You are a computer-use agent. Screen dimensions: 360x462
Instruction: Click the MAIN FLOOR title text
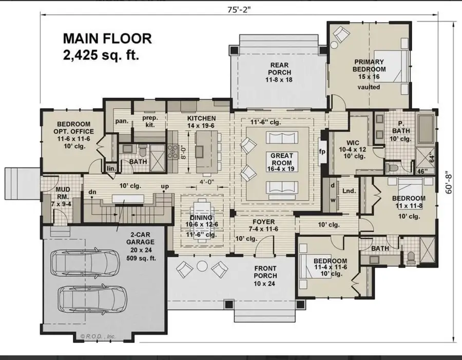[107, 39]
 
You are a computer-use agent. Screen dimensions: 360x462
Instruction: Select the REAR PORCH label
[280, 72]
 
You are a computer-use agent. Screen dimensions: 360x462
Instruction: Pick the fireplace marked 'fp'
[322, 151]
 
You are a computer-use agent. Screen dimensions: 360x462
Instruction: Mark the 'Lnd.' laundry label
[349, 191]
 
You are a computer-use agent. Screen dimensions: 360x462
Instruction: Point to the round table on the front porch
[201, 266]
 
